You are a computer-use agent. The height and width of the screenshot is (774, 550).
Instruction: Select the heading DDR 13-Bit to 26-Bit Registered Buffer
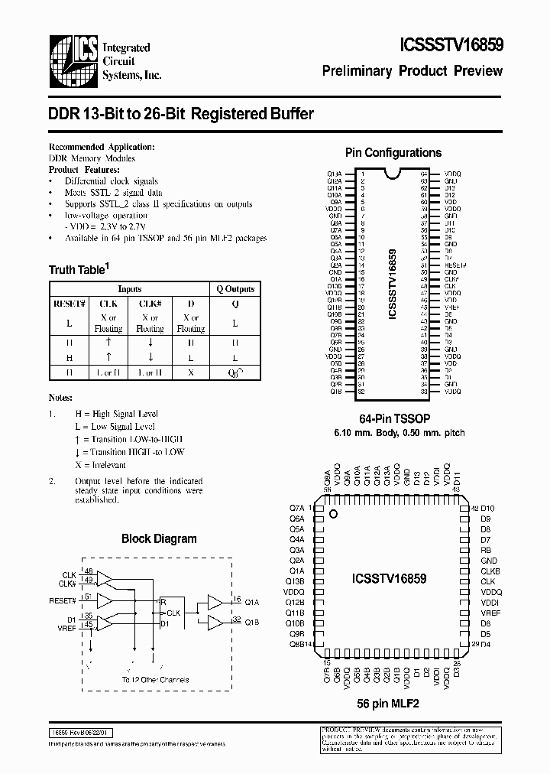pyautogui.click(x=181, y=114)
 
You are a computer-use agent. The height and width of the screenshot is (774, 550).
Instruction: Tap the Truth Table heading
pyautogui.click(x=79, y=269)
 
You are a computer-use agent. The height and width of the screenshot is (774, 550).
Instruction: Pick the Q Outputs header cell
pyautogui.click(x=235, y=289)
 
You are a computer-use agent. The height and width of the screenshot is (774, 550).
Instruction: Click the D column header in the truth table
pyautogui.click(x=190, y=302)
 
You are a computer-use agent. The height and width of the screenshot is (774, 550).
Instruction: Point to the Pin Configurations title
pyautogui.click(x=393, y=153)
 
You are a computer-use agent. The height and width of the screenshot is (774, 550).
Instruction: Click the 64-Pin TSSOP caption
pyautogui.click(x=394, y=420)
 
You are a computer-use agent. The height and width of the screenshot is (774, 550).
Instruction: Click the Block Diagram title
pyautogui.click(x=159, y=538)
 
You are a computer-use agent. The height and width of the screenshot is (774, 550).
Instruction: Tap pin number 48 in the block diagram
pyautogui.click(x=89, y=571)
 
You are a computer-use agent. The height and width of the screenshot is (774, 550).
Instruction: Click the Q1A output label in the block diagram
pyautogui.click(x=251, y=601)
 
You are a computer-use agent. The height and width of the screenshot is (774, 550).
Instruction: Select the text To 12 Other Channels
pyautogui.click(x=155, y=679)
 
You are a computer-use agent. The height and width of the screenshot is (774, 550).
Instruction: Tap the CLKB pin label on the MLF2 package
pyautogui.click(x=490, y=571)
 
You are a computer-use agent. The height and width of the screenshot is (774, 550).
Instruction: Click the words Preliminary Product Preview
pyautogui.click(x=412, y=71)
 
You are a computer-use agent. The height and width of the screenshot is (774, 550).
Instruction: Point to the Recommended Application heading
pyautogui.click(x=101, y=146)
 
